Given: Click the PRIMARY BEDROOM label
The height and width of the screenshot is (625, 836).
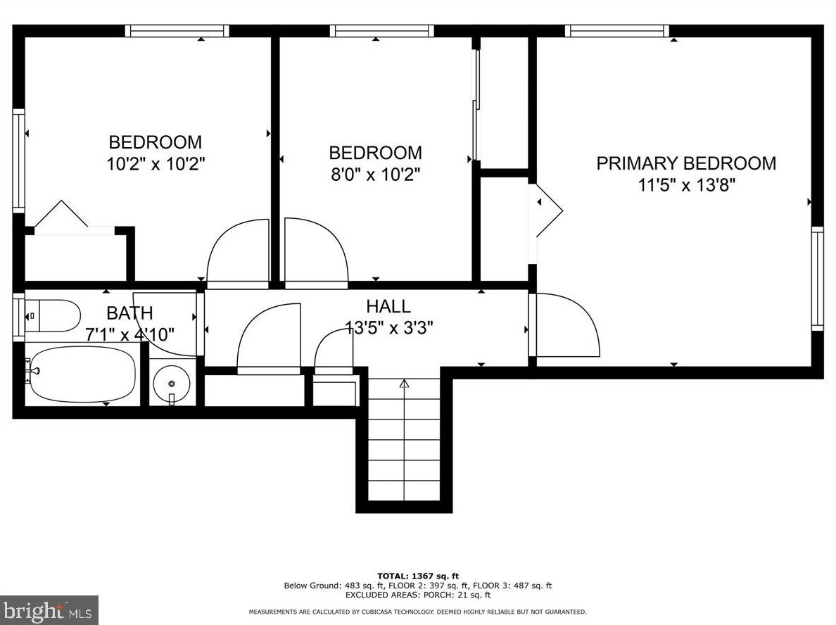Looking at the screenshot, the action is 685,163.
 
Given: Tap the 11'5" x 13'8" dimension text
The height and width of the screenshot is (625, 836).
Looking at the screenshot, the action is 687,185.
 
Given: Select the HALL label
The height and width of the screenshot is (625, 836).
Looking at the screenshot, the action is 388,306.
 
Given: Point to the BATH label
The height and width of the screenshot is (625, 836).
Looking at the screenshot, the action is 129,312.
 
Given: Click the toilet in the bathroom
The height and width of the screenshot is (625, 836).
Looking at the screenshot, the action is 52,315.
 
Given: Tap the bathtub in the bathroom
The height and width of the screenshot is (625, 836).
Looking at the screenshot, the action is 80,374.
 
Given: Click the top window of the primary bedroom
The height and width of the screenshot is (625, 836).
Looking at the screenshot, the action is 617,31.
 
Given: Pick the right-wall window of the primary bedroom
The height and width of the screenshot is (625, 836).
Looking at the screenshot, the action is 817,279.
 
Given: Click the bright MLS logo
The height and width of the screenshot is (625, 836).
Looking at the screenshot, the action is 49,610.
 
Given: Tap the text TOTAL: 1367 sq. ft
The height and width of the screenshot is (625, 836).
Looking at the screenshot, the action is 418,576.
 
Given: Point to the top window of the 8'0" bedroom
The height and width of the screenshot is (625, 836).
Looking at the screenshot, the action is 381,31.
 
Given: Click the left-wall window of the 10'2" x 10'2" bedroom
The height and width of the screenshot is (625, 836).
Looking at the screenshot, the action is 19,161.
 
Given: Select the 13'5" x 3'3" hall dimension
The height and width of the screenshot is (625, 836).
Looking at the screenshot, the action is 388,327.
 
